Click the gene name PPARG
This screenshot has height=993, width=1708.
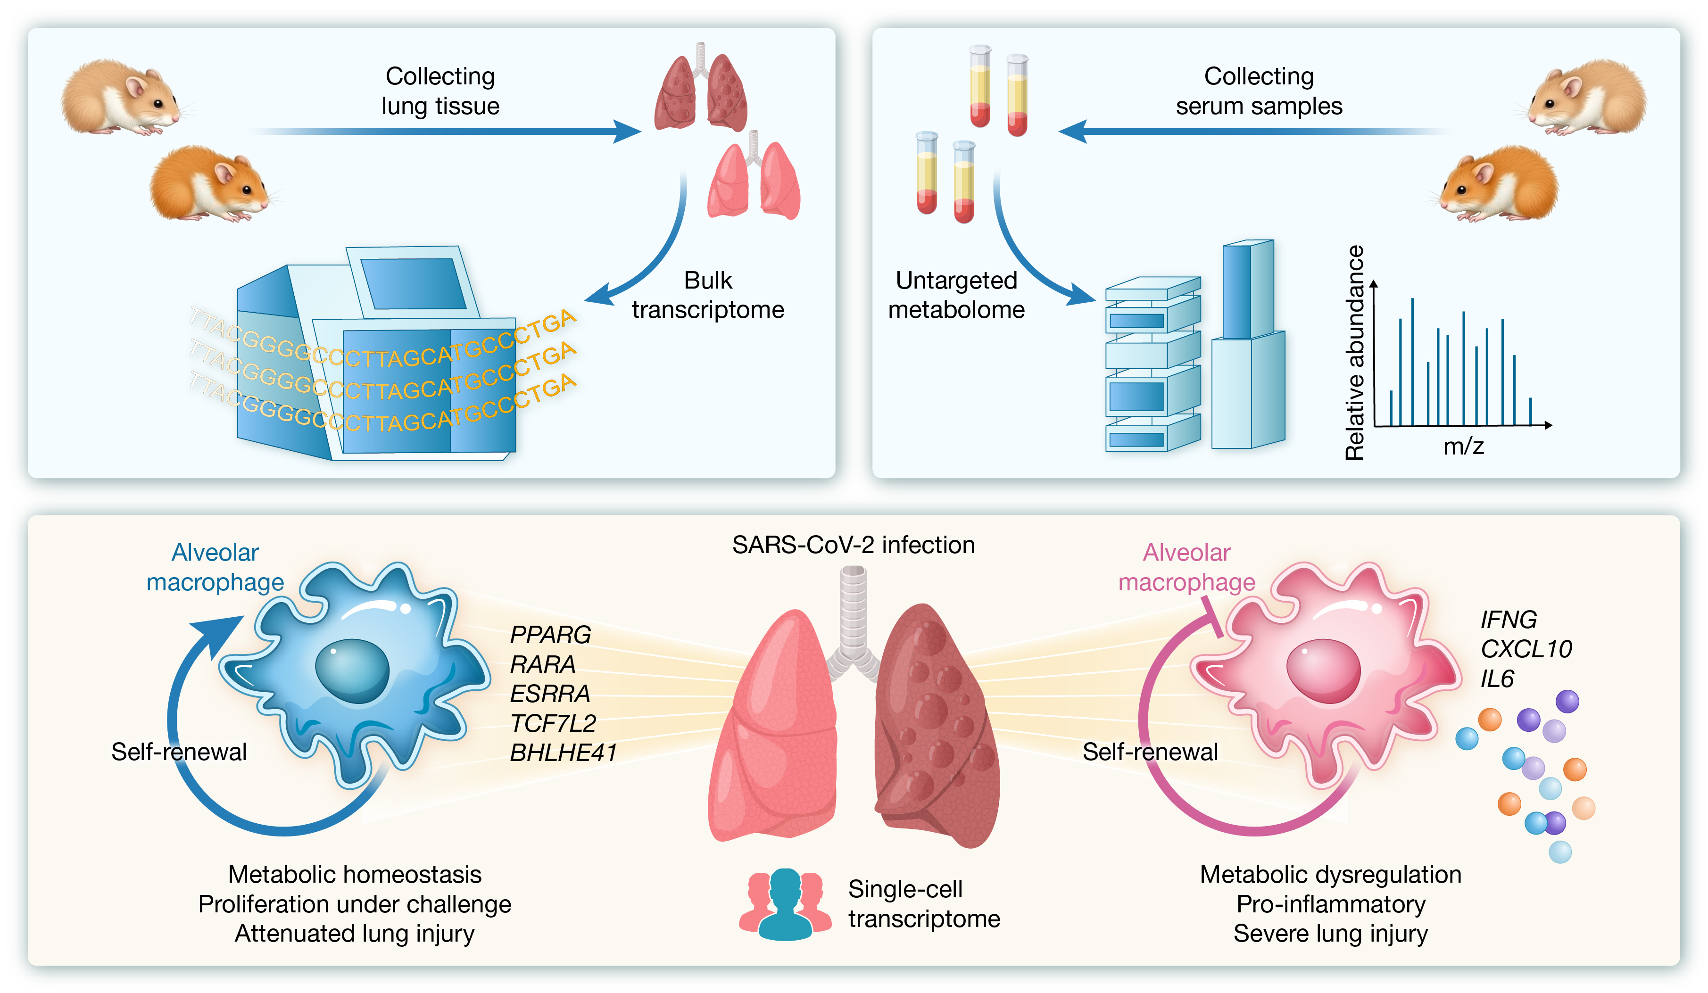click(x=550, y=635)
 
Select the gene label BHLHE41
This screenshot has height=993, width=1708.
click(x=563, y=753)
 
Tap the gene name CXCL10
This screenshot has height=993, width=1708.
click(x=1525, y=649)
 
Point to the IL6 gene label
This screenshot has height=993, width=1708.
click(x=1497, y=679)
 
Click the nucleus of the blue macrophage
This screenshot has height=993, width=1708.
click(x=352, y=670)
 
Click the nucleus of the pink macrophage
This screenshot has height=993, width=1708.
click(x=1323, y=670)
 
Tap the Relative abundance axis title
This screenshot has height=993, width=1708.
click(x=1354, y=353)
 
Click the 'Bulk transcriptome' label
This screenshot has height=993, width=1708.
click(x=708, y=295)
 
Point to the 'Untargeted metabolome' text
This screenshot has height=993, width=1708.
click(x=956, y=295)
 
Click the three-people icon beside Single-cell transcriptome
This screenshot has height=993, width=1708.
click(x=784, y=904)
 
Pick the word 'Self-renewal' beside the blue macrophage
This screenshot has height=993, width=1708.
click(x=179, y=752)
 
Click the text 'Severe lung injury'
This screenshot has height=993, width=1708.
click(x=1330, y=933)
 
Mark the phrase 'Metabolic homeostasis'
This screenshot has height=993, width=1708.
click(x=355, y=874)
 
